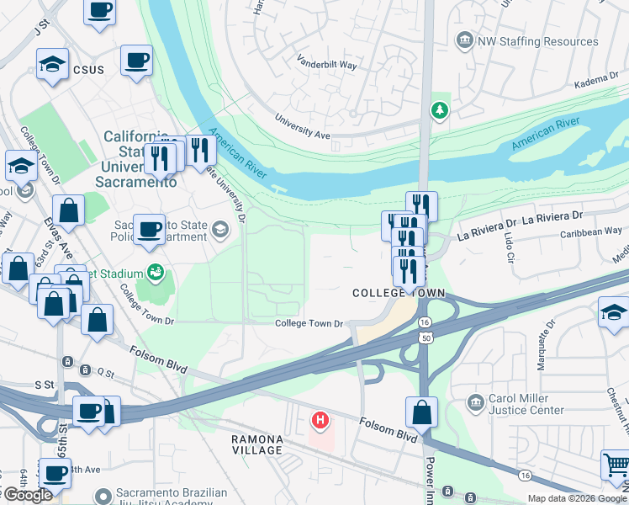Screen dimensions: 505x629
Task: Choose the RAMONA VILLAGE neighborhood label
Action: pos(258,444)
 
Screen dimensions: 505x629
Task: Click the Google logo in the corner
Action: pos(28,495)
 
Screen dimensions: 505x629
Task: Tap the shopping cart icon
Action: pos(615,464)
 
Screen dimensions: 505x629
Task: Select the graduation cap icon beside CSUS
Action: pos(52,64)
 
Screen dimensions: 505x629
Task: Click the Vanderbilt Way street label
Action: pos(326,61)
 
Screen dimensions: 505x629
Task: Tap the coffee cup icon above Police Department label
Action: pos(149,228)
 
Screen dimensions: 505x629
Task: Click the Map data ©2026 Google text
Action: pos(576,498)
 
